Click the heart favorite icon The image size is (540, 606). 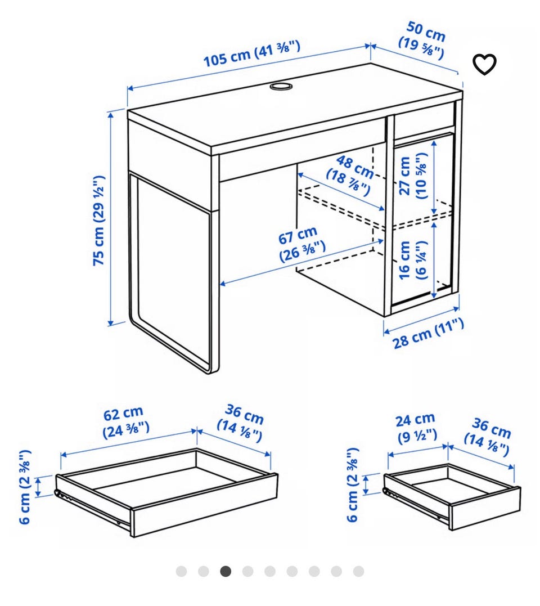tap(485, 64)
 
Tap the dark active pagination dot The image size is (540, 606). tap(226, 571)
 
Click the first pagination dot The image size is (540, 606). tap(181, 571)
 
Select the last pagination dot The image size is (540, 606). tap(358, 571)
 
